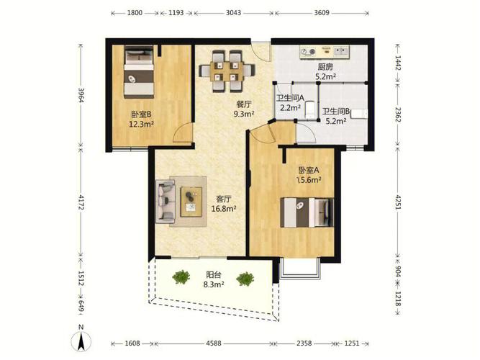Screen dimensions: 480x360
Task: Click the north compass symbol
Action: [x=81, y=339]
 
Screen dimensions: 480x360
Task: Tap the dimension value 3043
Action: [x=233, y=13]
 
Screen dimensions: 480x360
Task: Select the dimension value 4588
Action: [x=213, y=343]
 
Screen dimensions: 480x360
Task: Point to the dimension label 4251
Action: [x=398, y=202]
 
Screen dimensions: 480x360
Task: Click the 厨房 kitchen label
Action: [x=325, y=67]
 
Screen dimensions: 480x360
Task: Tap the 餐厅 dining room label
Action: [x=244, y=104]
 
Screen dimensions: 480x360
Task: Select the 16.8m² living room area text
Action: [x=224, y=209]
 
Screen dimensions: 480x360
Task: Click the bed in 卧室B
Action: [x=139, y=72]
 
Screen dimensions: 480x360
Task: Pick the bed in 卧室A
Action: [x=307, y=212]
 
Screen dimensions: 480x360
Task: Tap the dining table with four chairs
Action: [x=227, y=71]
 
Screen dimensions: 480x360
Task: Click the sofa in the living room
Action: [x=166, y=202]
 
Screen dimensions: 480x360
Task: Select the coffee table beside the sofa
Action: [x=191, y=202]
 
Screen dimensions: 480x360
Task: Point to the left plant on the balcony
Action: [x=181, y=277]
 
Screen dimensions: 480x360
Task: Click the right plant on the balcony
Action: [x=245, y=279]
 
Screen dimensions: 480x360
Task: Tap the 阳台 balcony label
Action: [x=214, y=275]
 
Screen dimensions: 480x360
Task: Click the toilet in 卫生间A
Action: [x=310, y=109]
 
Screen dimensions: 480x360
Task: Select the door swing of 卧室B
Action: [x=183, y=133]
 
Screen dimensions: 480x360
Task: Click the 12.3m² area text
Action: [x=141, y=124]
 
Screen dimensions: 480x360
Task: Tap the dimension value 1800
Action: [x=135, y=13]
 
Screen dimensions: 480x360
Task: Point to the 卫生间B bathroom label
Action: [x=336, y=111]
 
